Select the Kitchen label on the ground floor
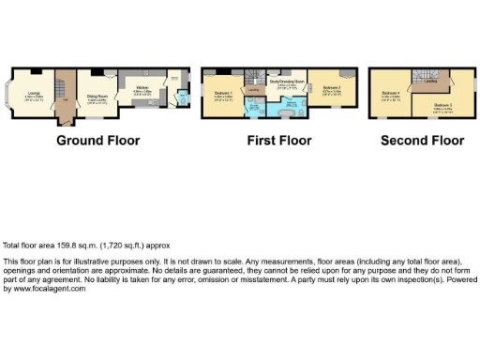(142, 86)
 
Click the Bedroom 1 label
(223, 92)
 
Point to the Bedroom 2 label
(332, 88)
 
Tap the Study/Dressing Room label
(288, 82)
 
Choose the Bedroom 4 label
(391, 93)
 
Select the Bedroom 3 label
(442, 105)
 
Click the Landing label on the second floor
(430, 82)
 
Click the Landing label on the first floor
(253, 89)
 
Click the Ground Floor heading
(98, 141)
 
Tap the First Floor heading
(280, 141)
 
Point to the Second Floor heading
(422, 141)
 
